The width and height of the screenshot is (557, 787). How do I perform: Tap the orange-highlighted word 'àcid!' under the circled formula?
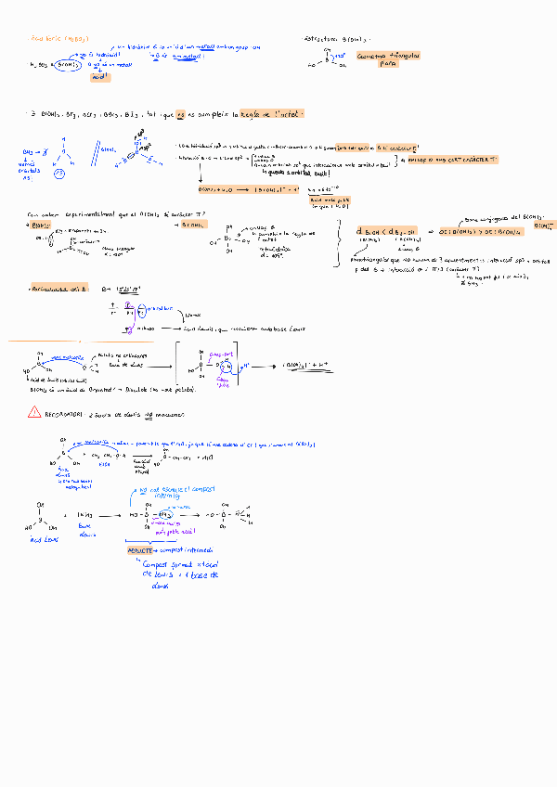(99, 77)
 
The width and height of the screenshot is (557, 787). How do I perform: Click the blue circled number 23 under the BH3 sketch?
(59, 173)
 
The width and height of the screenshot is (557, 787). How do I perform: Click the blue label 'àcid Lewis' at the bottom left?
(44, 537)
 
